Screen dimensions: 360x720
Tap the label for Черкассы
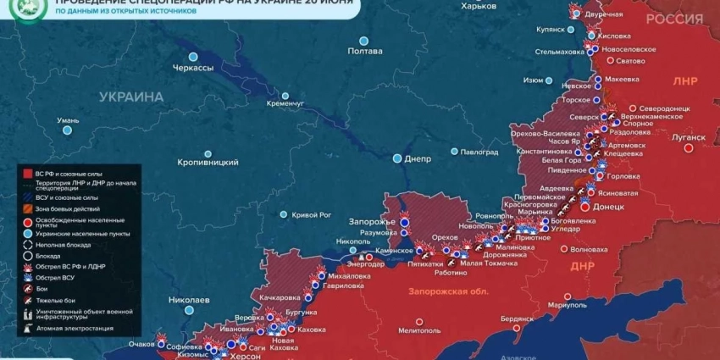(x=193, y=68)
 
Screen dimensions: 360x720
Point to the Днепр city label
(x=418, y=158)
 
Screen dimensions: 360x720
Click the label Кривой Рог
(x=311, y=215)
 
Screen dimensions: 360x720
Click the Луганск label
(x=688, y=137)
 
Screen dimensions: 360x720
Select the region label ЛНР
(x=684, y=82)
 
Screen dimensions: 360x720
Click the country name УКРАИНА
(x=131, y=97)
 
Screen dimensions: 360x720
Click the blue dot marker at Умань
(x=68, y=130)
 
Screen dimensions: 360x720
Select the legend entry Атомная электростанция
(x=74, y=328)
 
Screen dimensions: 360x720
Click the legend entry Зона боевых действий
(x=68, y=208)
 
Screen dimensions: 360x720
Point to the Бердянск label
(x=517, y=318)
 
